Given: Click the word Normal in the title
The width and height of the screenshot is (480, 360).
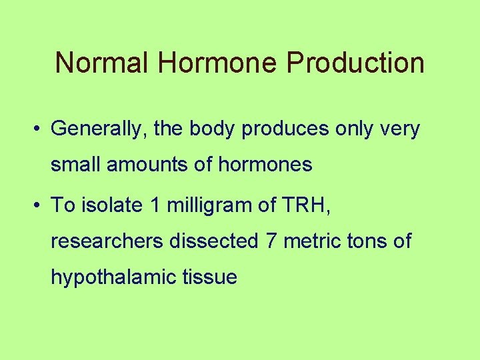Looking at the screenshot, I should point(102,63).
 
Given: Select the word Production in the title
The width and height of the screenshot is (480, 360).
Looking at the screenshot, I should point(355,63).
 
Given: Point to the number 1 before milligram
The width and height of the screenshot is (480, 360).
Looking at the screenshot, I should point(155,205).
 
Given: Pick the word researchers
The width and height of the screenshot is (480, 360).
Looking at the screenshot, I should point(107,241).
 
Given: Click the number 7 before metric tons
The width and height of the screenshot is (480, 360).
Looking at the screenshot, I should point(271,241).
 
